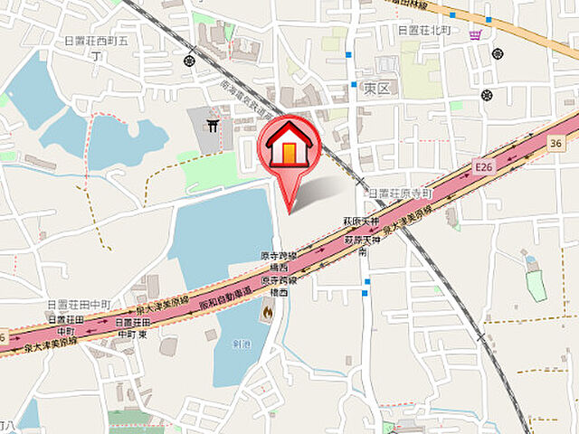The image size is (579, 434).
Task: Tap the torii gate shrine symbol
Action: (x=213, y=127)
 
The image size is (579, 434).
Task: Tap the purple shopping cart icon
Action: (x=475, y=35)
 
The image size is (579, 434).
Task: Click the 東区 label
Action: (x=377, y=89)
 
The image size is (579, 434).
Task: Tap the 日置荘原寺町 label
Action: (x=400, y=193)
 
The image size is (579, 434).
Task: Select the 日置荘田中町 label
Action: (x=81, y=304)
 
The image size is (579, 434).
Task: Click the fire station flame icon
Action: (x=268, y=313)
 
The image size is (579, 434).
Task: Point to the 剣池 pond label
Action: (x=240, y=344)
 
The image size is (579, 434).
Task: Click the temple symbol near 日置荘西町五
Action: (x=188, y=61)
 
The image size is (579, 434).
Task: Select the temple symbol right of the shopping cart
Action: (x=497, y=52)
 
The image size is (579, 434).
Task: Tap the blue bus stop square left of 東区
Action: (x=354, y=84)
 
